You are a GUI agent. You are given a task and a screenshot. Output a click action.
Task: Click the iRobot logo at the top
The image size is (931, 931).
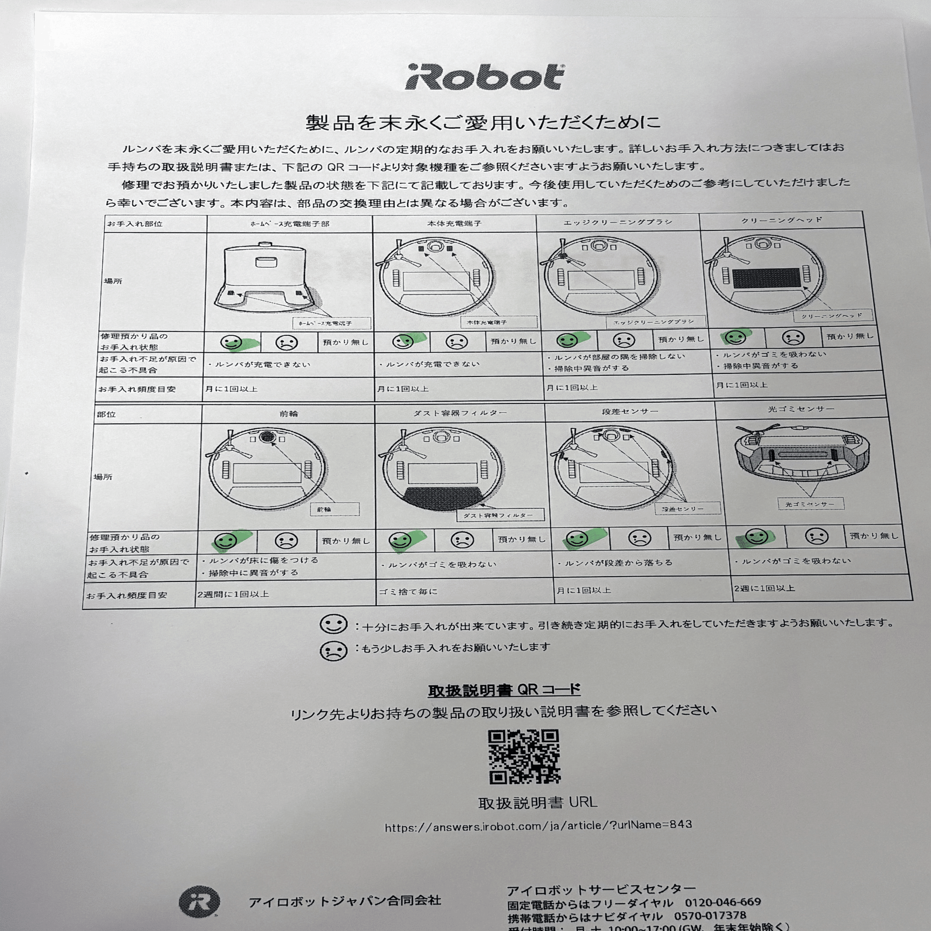tap(484, 78)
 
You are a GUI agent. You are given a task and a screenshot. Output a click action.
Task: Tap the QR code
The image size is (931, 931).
tap(524, 756)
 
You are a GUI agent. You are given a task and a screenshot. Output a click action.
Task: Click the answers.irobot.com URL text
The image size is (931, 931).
tap(538, 826)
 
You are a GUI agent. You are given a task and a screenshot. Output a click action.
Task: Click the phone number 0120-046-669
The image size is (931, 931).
tap(723, 902)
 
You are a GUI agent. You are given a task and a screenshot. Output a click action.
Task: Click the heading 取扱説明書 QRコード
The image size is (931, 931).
tap(504, 690)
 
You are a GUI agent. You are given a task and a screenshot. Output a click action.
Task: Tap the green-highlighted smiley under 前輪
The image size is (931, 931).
tap(225, 540)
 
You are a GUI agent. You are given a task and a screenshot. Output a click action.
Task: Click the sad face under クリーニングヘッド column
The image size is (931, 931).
tap(793, 337)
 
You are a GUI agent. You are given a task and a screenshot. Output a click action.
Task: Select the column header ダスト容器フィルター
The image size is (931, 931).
tap(460, 413)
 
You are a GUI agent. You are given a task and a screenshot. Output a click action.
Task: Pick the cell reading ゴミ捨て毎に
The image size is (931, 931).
tap(408, 591)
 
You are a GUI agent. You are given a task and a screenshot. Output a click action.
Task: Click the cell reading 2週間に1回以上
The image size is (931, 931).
tap(233, 594)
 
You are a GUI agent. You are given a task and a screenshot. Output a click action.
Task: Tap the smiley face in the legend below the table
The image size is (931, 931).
tap(333, 624)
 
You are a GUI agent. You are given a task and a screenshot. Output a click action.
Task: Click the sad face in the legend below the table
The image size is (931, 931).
tap(333, 651)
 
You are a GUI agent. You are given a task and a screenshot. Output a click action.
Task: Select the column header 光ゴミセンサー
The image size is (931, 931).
tap(801, 409)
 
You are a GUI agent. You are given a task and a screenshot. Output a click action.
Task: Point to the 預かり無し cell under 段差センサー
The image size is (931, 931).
tap(697, 537)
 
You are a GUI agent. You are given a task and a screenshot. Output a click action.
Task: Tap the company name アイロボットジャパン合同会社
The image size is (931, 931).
tap(344, 901)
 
